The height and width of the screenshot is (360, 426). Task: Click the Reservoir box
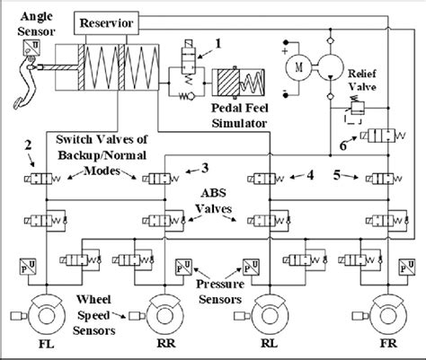tap(108, 21)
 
